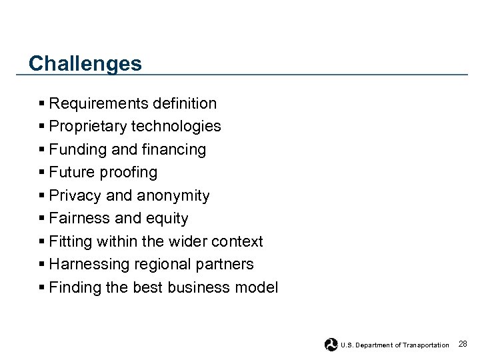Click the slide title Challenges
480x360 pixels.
[x=85, y=63]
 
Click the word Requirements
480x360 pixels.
[x=90, y=103]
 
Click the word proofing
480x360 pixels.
[x=130, y=173]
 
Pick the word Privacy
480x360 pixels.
[x=75, y=196]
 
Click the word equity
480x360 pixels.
[x=169, y=219]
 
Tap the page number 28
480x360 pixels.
[x=463, y=343]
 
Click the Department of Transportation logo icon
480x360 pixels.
[x=331, y=344]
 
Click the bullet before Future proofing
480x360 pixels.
[x=42, y=173]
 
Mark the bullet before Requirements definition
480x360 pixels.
[x=42, y=103]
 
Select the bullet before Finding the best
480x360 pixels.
[x=42, y=288]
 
